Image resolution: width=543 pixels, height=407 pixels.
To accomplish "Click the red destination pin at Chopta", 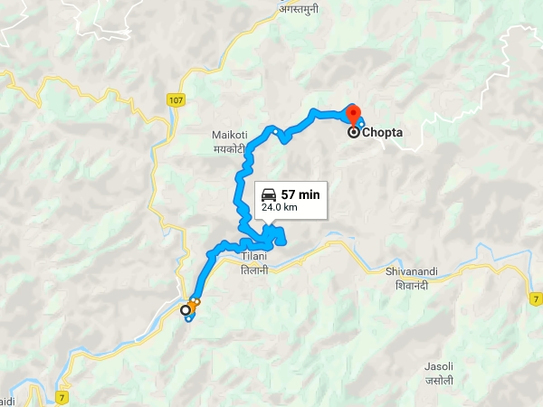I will click(x=352, y=114).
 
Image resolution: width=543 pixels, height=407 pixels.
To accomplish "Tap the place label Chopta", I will click(x=382, y=133).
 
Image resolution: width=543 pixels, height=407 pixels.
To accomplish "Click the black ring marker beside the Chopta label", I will click(x=353, y=133).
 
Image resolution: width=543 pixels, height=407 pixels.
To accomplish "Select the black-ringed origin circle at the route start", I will click(x=186, y=310).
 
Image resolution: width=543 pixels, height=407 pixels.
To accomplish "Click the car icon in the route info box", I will click(x=269, y=194).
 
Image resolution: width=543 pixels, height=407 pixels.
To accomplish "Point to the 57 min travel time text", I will click(x=300, y=194).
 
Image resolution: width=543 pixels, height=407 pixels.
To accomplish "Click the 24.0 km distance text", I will click(x=280, y=207).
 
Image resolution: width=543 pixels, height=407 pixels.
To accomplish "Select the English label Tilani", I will click(x=253, y=258).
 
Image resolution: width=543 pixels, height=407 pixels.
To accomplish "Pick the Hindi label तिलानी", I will click(x=253, y=270).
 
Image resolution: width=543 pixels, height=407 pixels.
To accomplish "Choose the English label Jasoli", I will click(x=439, y=366).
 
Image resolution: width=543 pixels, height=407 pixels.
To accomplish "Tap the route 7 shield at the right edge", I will click(x=536, y=298).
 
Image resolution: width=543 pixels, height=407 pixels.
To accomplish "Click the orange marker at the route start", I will click(x=195, y=302).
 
